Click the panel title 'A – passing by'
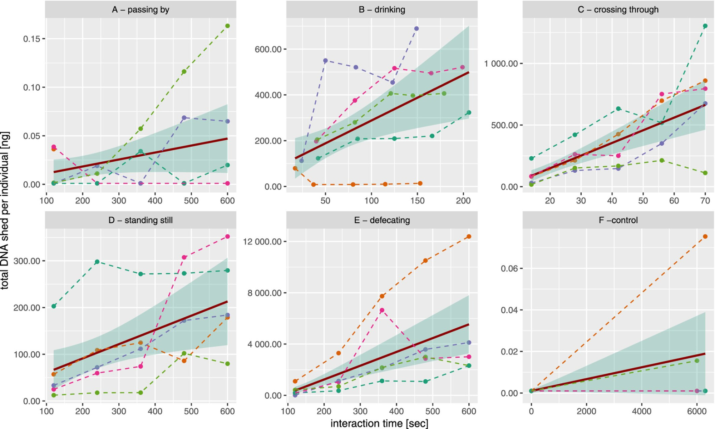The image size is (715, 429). tap(140, 10)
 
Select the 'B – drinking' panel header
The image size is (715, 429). tap(382, 10)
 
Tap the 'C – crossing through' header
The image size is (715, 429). tap(618, 10)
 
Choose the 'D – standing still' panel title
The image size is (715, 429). tap(140, 220)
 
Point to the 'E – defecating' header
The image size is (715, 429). tap(382, 220)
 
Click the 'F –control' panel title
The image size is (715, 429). tap(618, 220)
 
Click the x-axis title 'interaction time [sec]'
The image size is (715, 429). tap(379, 423)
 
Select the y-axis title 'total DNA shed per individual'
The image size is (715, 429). tap(5, 211)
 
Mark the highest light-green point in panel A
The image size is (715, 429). tap(227, 26)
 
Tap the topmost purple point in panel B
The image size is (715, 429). tap(416, 29)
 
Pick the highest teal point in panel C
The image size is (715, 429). tap(705, 26)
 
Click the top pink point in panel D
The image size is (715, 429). tap(227, 237)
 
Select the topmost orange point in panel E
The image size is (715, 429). tap(469, 237)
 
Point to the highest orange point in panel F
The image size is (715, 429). tap(705, 237)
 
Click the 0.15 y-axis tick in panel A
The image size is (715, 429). tap(31, 39)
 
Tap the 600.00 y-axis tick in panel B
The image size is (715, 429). tap(268, 49)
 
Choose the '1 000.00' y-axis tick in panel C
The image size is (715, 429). tap(501, 64)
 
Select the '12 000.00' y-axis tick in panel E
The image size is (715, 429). tap(262, 242)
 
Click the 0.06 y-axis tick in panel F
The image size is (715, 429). tap(509, 268)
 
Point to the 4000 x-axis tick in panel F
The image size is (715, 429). tap(641, 411)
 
